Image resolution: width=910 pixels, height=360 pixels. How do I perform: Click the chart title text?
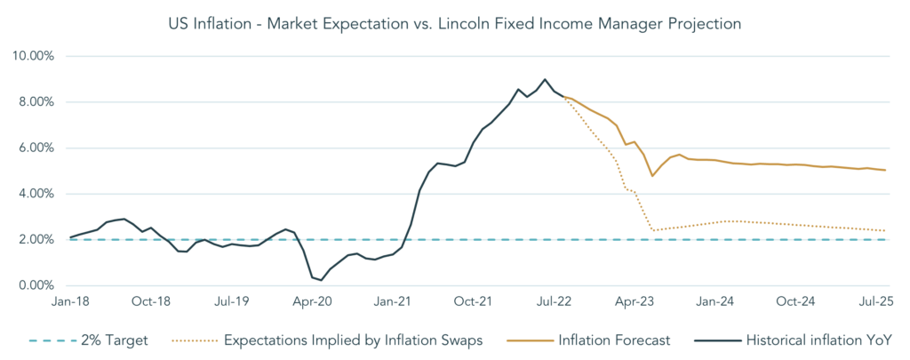454,25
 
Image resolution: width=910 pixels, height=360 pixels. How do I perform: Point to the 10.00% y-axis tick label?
33,56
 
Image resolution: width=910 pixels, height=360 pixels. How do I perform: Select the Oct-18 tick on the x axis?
150,302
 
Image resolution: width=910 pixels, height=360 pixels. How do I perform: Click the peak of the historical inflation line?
546,79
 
